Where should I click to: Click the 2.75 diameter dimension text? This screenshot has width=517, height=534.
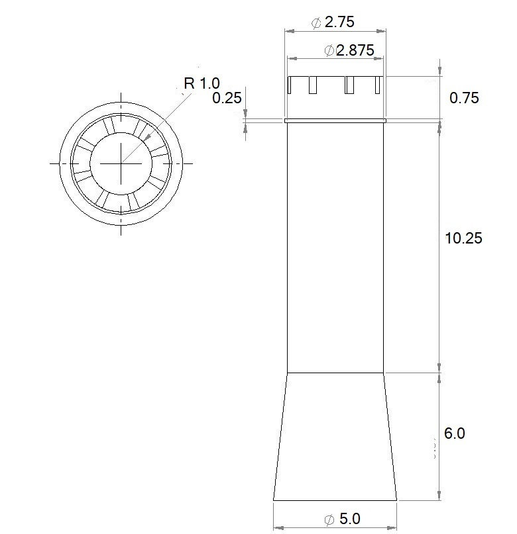(339, 22)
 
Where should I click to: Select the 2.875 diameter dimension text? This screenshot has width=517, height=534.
(355, 50)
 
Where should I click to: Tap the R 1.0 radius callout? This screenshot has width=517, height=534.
(202, 83)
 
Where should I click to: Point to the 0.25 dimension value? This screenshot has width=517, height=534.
(227, 98)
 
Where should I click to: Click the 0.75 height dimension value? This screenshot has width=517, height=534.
(464, 98)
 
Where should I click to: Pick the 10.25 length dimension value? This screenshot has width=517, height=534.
(463, 238)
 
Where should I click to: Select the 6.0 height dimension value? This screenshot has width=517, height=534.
(454, 433)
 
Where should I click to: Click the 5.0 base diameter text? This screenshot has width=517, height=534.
(350, 519)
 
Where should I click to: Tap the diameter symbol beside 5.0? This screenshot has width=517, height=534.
(329, 519)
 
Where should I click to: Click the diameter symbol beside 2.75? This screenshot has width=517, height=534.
(316, 23)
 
